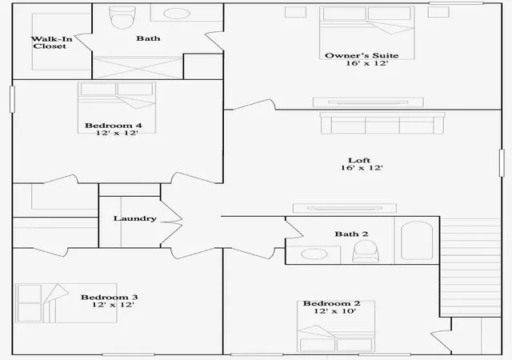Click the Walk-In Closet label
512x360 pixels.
51,42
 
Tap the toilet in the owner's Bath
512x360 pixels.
122,17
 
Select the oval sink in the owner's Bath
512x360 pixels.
177,14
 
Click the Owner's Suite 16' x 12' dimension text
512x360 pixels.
367,63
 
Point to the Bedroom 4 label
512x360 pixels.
114,126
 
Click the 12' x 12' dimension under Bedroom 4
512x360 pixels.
117,133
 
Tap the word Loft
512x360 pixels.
359,160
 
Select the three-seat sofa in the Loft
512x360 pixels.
382,123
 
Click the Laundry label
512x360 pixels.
135,218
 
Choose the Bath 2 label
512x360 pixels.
351,234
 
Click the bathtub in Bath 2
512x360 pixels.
417,241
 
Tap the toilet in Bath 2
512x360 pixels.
366,251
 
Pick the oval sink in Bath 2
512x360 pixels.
314,254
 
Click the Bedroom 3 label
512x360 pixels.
110,298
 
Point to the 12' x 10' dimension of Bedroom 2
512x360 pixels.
335,311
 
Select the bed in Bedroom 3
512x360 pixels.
66,303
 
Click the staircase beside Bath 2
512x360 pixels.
470,267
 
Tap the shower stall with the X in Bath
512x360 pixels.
138,68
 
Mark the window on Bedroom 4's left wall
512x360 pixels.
13,99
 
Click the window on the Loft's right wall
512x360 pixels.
502,163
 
